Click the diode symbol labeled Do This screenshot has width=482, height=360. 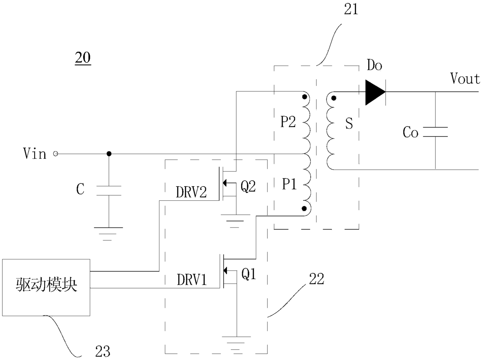click(375, 92)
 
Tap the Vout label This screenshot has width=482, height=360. click(465, 78)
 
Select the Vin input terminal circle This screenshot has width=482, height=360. click(56, 154)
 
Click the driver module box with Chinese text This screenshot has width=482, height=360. click(46, 288)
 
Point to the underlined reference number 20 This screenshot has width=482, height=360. click(83, 58)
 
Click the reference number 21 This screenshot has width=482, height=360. click(351, 9)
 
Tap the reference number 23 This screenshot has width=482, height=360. click(103, 351)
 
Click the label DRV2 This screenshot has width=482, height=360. click(191, 192)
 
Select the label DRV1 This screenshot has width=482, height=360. click(192, 280)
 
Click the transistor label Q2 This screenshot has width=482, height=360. click(248, 187)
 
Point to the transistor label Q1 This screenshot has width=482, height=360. click(249, 274)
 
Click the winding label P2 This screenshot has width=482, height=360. click(288, 122)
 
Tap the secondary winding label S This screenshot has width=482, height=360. click(349, 123)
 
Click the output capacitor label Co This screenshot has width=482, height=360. click(410, 132)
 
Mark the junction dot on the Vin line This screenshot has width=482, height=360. click(109, 154)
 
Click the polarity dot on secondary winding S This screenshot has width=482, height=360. click(334, 98)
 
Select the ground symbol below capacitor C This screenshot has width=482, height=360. click(108, 234)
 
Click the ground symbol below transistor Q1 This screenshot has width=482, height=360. click(236, 343)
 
